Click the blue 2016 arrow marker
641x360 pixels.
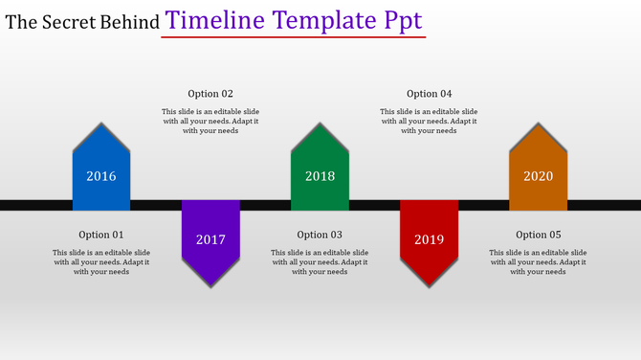pyautogui.click(x=101, y=172)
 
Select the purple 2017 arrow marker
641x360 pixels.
pyautogui.click(x=210, y=237)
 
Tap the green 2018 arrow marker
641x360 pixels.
pyautogui.click(x=320, y=172)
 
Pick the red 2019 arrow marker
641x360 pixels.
pyautogui.click(x=429, y=237)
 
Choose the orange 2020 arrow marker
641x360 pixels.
pyautogui.click(x=538, y=172)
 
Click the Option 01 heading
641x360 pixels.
pyautogui.click(x=101, y=235)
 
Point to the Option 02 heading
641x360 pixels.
pyautogui.click(x=210, y=94)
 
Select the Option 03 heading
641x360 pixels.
pyautogui.click(x=320, y=235)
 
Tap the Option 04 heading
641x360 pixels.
pyautogui.click(x=429, y=94)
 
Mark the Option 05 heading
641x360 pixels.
pyautogui.click(x=538, y=235)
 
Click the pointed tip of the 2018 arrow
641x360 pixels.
pyautogui.click(x=320, y=124)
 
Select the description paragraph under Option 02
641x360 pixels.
pyautogui.click(x=210, y=121)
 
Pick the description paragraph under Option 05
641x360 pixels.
pyautogui.click(x=538, y=261)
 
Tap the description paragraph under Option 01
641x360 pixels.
pyautogui.click(x=101, y=261)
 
